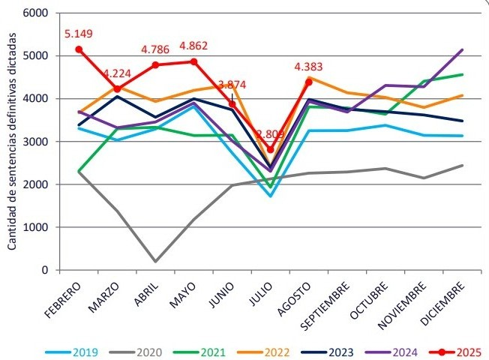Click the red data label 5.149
pyautogui.click(x=79, y=34)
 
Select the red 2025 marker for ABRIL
pyautogui.click(x=155, y=65)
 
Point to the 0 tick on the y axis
pyautogui.click(x=43, y=270)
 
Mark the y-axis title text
pyautogui.click(x=13, y=142)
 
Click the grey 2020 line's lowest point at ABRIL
pyautogui.click(x=155, y=262)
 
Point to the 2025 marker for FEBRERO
pyautogui.click(x=79, y=49)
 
